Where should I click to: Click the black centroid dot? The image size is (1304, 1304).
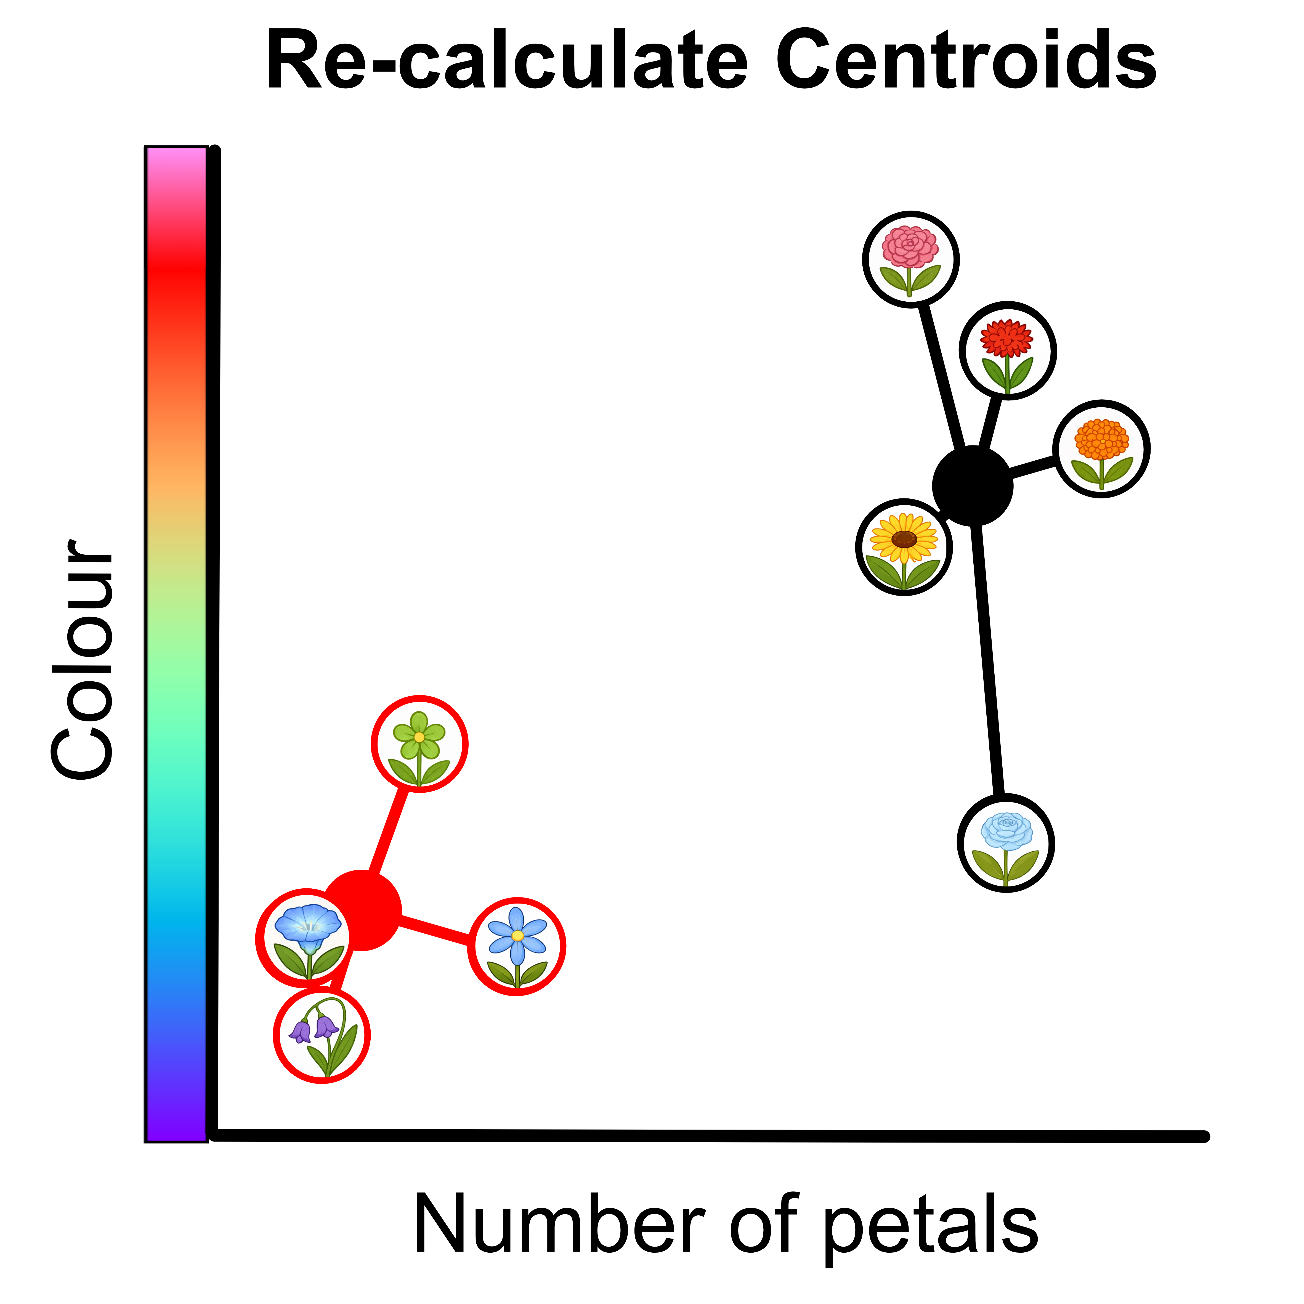click(x=973, y=486)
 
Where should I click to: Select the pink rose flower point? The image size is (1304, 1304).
click(x=910, y=259)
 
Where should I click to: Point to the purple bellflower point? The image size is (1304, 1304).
click(x=322, y=1035)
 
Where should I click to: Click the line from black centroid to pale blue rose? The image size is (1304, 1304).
click(x=989, y=662)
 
